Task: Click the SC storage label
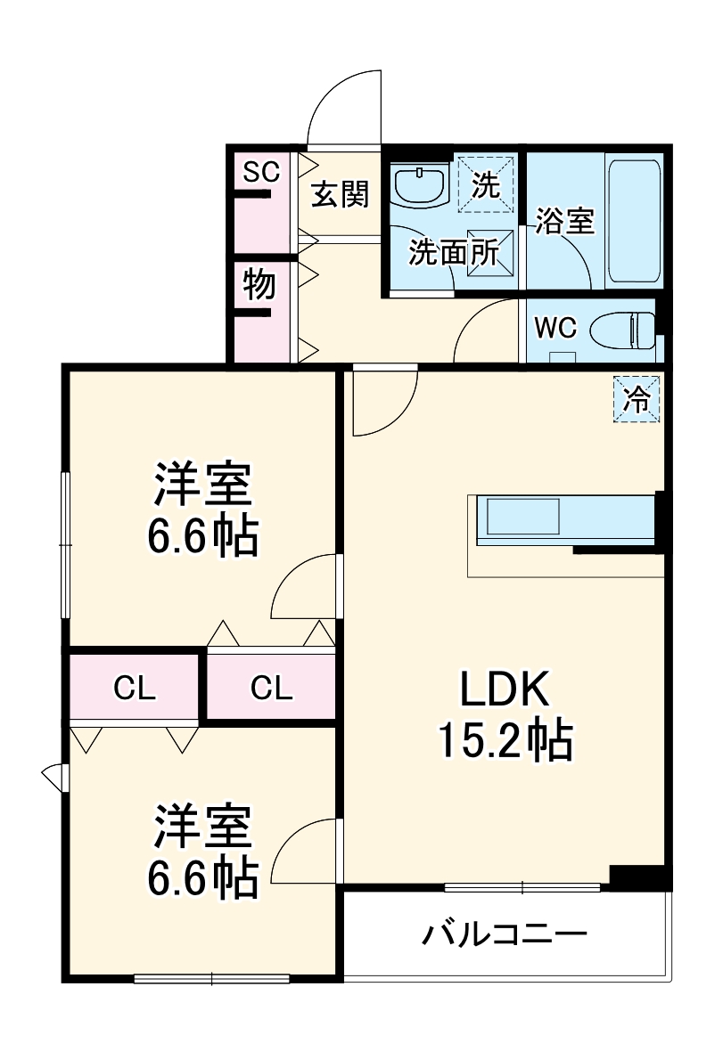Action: point(262,172)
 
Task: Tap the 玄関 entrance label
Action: point(340,193)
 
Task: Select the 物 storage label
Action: point(259,285)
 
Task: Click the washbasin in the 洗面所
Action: point(420,185)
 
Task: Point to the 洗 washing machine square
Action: point(486,183)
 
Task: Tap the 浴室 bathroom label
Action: point(565,220)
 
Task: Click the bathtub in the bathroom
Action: point(633,221)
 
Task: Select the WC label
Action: point(555,328)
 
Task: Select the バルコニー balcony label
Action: point(505,934)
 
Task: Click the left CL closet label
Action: point(135,687)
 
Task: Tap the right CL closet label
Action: point(271,687)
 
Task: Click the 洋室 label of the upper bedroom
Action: point(203,485)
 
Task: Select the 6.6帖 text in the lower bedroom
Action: point(203,877)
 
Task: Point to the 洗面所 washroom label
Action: point(453,253)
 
